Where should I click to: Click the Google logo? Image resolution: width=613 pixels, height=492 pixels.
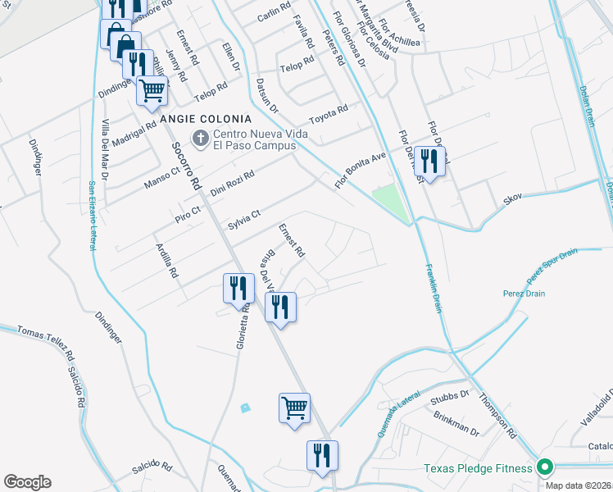27,482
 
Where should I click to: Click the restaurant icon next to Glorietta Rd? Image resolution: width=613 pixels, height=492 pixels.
236,289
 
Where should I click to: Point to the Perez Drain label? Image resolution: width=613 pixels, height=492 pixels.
525,294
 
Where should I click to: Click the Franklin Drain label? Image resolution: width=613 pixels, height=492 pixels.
434,287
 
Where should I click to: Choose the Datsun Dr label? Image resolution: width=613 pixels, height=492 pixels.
267,95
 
